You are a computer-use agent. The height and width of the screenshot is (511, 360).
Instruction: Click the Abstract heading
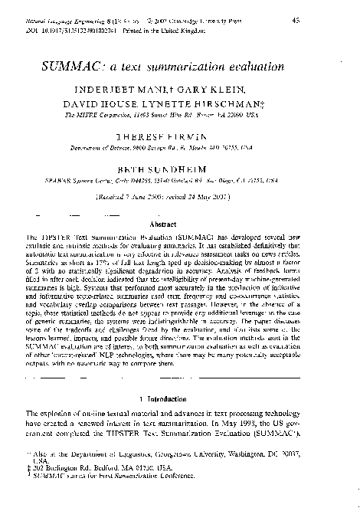click(x=180, y=224)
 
